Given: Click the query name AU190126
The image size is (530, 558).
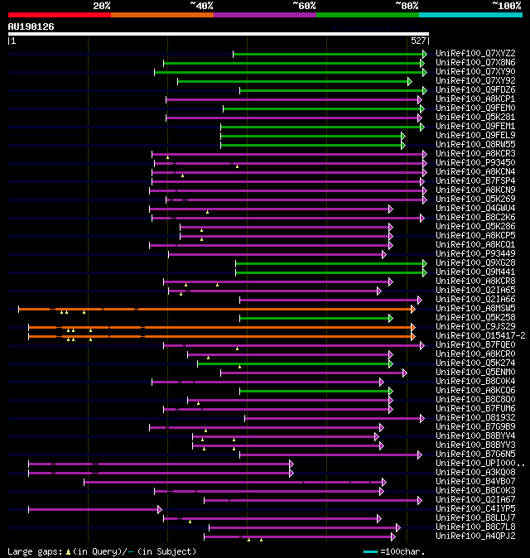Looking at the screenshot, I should pos(31,26).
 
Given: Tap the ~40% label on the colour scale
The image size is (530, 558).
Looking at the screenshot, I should pos(201,5).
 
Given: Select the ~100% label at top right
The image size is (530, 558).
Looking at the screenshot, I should pos(506,5).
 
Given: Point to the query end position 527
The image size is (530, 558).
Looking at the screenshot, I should pos(418,41).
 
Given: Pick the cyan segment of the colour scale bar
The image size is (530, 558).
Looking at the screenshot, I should pos(470,14).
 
